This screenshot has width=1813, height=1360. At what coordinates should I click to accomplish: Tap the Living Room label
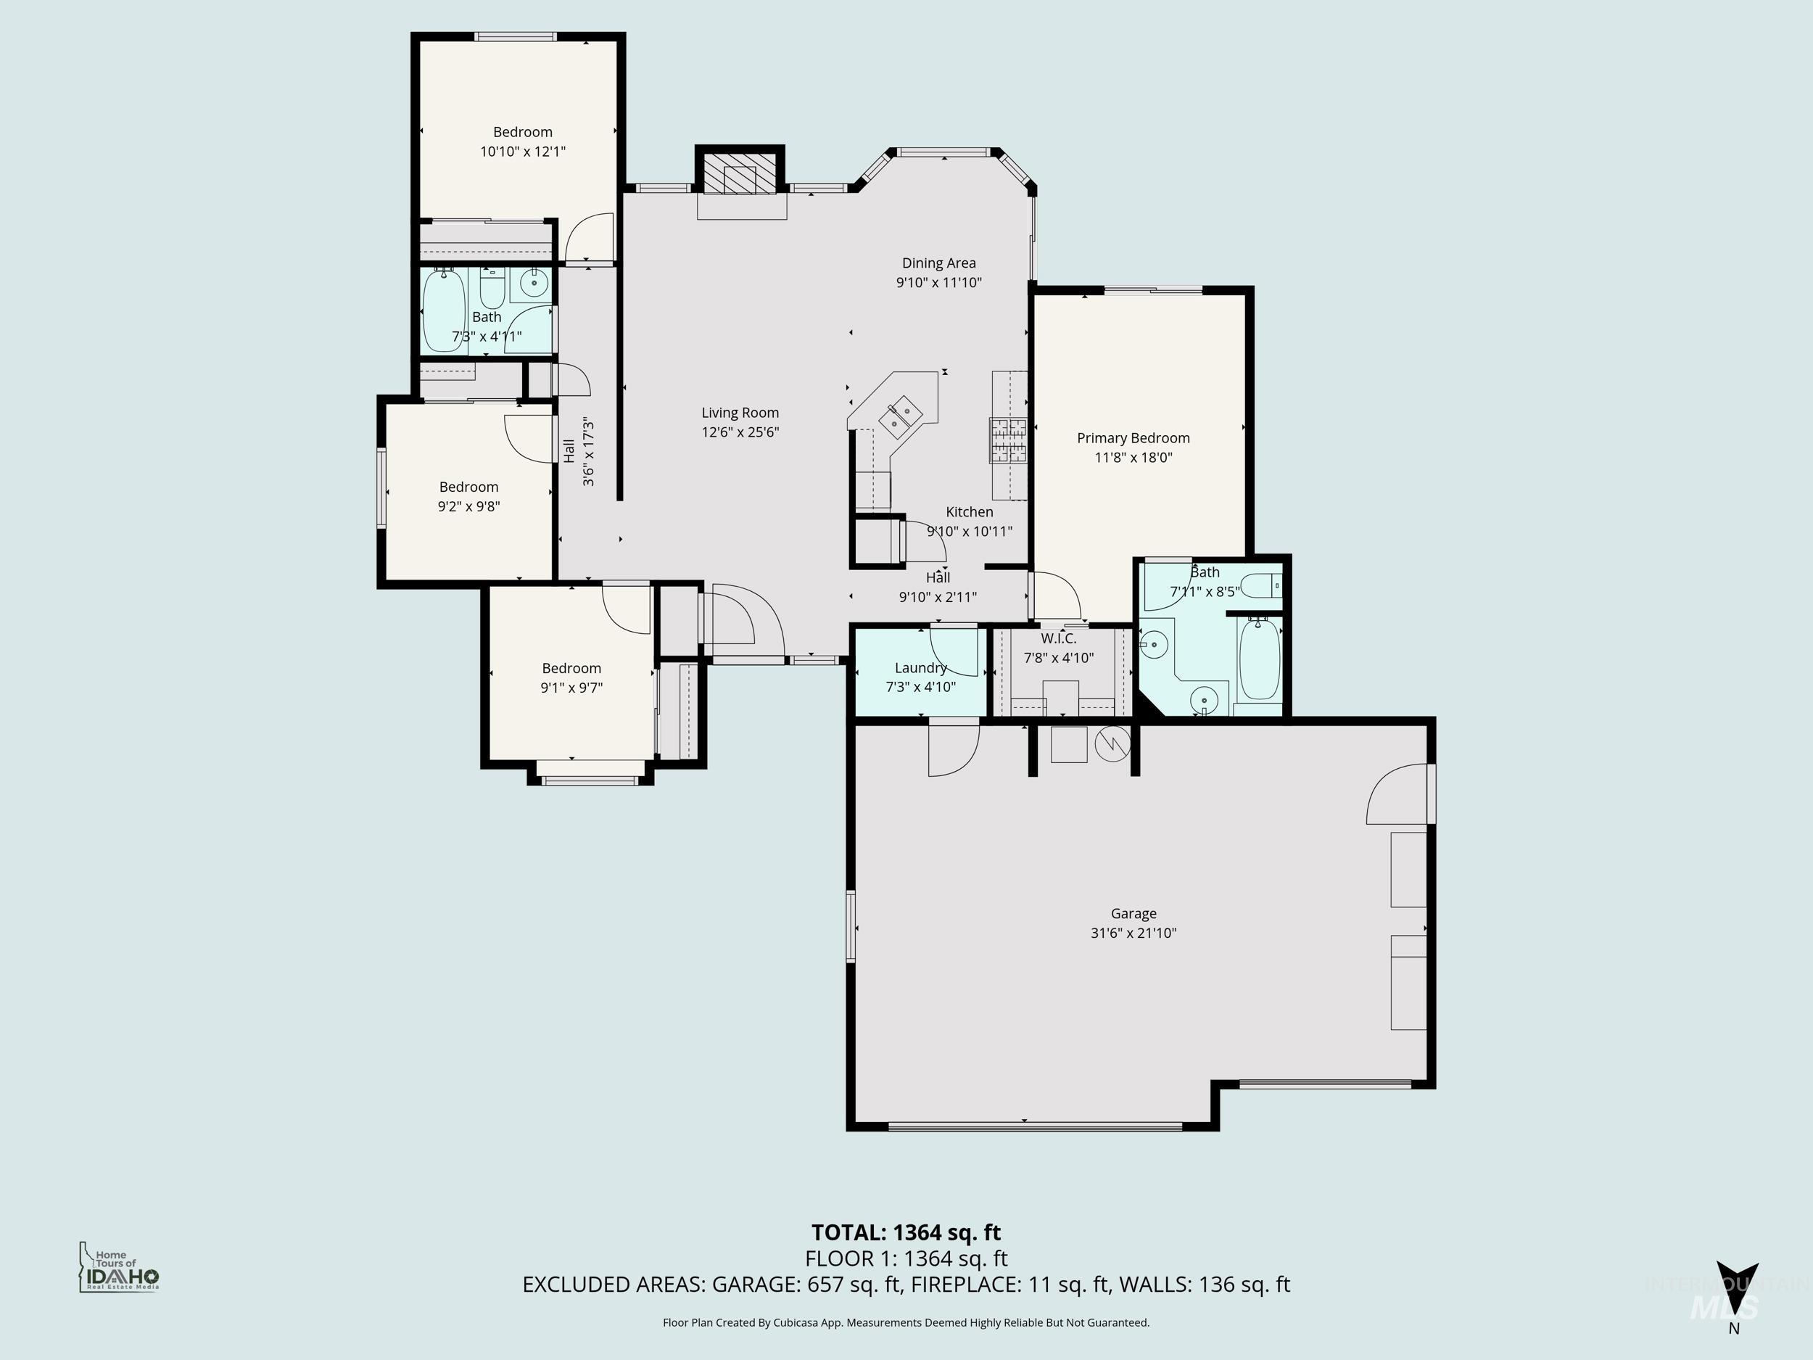coord(740,413)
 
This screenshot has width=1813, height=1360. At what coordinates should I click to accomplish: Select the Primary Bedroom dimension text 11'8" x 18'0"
coord(1133,458)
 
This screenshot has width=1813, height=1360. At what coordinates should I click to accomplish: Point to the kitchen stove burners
coord(1007,440)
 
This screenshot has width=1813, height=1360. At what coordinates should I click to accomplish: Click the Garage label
coord(1133,913)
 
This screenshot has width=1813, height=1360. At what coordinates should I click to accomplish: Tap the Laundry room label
coord(920,668)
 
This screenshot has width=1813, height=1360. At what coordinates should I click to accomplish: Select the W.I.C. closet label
coord(1058,638)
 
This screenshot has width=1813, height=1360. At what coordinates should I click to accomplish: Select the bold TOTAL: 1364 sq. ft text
coord(906,1232)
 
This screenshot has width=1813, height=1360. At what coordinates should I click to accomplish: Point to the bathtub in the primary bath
coord(1258,659)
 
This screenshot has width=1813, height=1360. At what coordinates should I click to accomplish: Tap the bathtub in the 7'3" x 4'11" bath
coord(443,310)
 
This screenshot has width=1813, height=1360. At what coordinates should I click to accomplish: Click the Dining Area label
coord(938,263)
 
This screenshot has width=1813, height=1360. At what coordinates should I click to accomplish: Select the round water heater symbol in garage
coord(1112,743)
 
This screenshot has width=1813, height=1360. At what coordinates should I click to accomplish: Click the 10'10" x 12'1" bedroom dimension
coord(522,152)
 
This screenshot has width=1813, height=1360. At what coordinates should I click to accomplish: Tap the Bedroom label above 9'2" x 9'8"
coord(468,487)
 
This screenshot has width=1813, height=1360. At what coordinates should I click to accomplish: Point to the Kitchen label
coord(969,512)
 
